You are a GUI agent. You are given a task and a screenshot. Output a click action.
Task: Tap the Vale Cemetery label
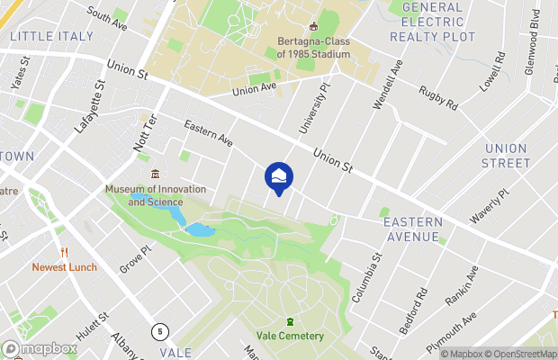(x=289, y=336)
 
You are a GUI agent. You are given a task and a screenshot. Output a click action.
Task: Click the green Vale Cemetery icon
(x=290, y=321)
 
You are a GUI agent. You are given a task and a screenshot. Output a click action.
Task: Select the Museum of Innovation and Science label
(x=155, y=195)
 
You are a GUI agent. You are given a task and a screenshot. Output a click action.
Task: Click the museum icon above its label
(x=155, y=174)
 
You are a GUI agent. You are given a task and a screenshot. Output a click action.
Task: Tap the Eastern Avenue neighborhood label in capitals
(x=412, y=229)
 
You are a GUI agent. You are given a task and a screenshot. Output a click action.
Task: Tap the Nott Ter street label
(x=151, y=132)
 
